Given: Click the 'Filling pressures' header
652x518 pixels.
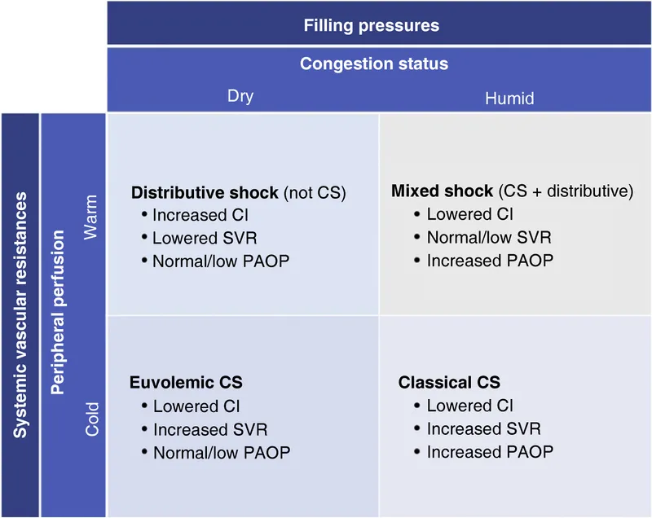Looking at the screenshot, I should (x=371, y=25).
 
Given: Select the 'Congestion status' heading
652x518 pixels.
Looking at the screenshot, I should (x=374, y=64).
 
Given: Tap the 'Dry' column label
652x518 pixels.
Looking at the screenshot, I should (x=240, y=96).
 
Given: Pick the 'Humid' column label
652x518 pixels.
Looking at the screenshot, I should (x=509, y=98).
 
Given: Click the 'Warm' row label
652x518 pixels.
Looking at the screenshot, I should (x=91, y=217).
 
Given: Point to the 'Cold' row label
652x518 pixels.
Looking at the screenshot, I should (x=91, y=418).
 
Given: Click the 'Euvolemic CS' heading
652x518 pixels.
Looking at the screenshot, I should (x=186, y=382).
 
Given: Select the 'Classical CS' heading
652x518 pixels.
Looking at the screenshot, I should (x=449, y=382).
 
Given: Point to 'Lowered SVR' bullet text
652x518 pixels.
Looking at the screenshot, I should (x=199, y=239).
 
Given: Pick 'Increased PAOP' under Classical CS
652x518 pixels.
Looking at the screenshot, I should (x=490, y=451).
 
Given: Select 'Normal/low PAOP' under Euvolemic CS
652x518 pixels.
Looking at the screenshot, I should (x=221, y=452).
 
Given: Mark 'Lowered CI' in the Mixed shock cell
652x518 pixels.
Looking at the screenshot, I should (x=470, y=215).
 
